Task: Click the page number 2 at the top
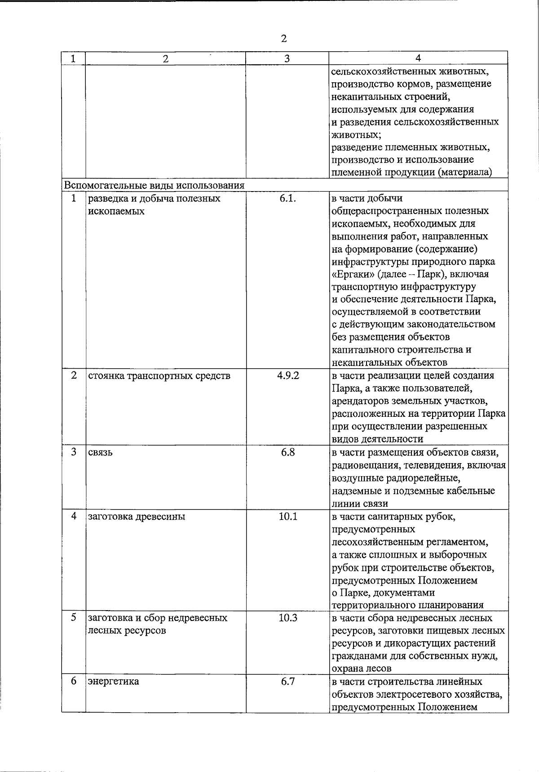pyautogui.click(x=283, y=39)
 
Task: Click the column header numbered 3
pyautogui.click(x=287, y=58)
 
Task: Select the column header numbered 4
pyautogui.click(x=418, y=58)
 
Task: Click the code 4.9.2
pyautogui.click(x=288, y=375)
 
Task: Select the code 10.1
pyautogui.click(x=288, y=516)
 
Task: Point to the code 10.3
pyautogui.click(x=288, y=618)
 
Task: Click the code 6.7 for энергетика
pyautogui.click(x=288, y=681)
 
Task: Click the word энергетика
pyautogui.click(x=114, y=682)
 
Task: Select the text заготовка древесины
pyautogui.click(x=137, y=517)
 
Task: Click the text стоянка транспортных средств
pyautogui.click(x=159, y=376)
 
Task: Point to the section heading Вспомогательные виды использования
pyautogui.click(x=155, y=185)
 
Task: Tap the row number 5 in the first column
pyautogui.click(x=74, y=618)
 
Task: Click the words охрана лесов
pyautogui.click(x=362, y=668)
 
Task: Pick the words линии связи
pyautogui.click(x=360, y=504)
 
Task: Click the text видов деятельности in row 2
pyautogui.click(x=377, y=439)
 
